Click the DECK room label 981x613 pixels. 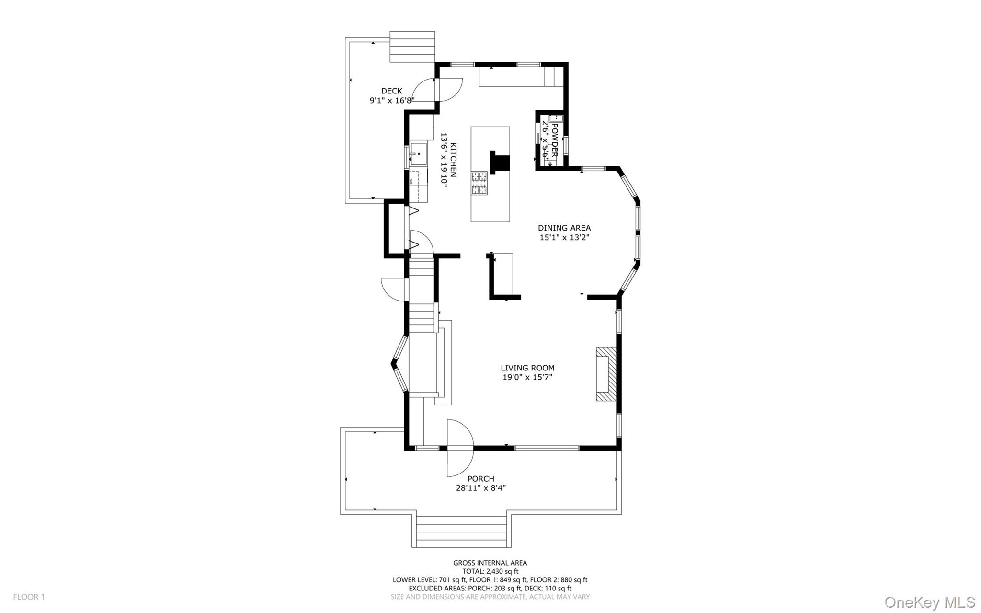[391, 91]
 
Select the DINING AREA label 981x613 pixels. [564, 228]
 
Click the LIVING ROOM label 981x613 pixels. [527, 368]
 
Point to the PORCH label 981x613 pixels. [480, 479]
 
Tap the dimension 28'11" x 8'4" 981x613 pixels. [480, 488]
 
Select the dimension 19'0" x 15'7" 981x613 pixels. [527, 377]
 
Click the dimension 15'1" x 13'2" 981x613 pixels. [564, 237]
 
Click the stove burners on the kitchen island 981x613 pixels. [479, 183]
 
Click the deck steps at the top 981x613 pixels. [412, 47]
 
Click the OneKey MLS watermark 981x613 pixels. [929, 602]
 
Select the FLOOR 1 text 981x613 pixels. [29, 597]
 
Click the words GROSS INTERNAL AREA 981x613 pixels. [490, 563]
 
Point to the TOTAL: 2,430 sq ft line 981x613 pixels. [490, 571]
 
